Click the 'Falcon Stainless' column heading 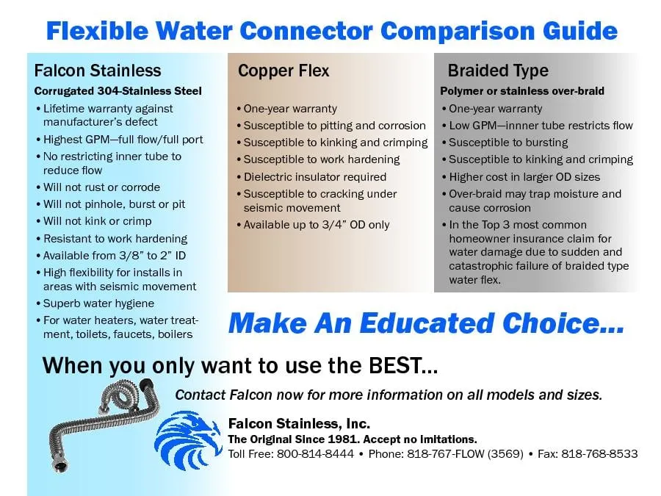tap(98, 71)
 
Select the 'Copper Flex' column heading tap(283, 71)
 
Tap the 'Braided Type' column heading tap(498, 71)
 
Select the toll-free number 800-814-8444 tap(315, 454)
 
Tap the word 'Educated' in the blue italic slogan tap(427, 323)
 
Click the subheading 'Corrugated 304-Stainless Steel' tap(118, 91)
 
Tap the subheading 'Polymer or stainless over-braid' tap(522, 91)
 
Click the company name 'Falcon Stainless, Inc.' tap(300, 423)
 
